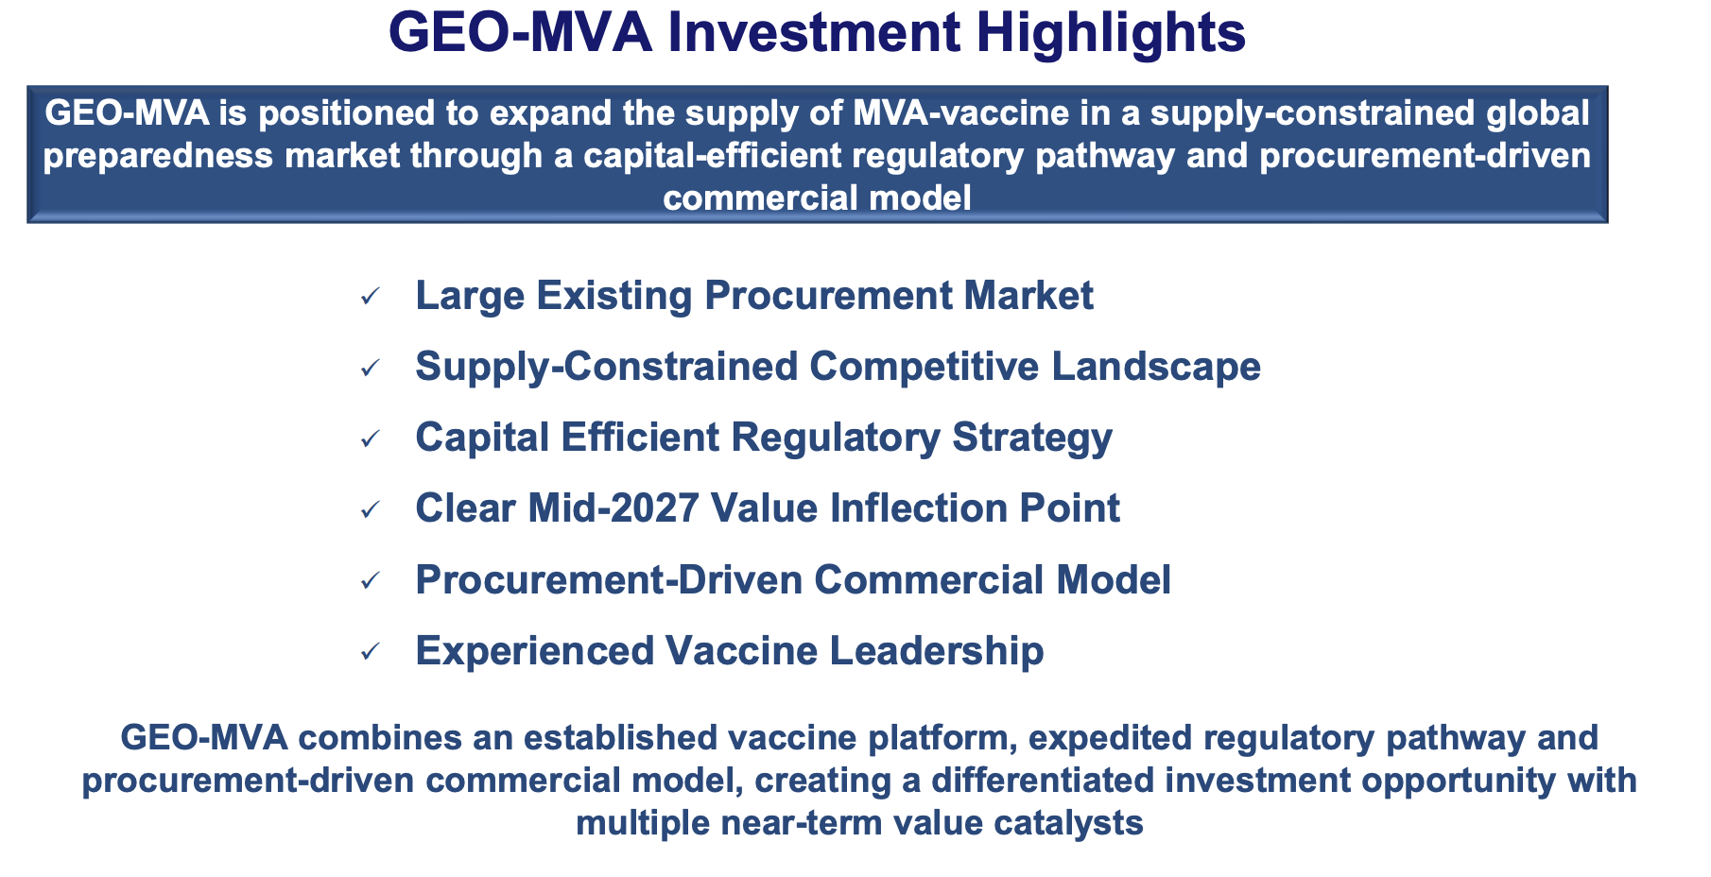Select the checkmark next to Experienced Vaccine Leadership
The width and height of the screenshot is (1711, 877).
coord(370,652)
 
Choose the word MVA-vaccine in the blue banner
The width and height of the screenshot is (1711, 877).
coord(948,113)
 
